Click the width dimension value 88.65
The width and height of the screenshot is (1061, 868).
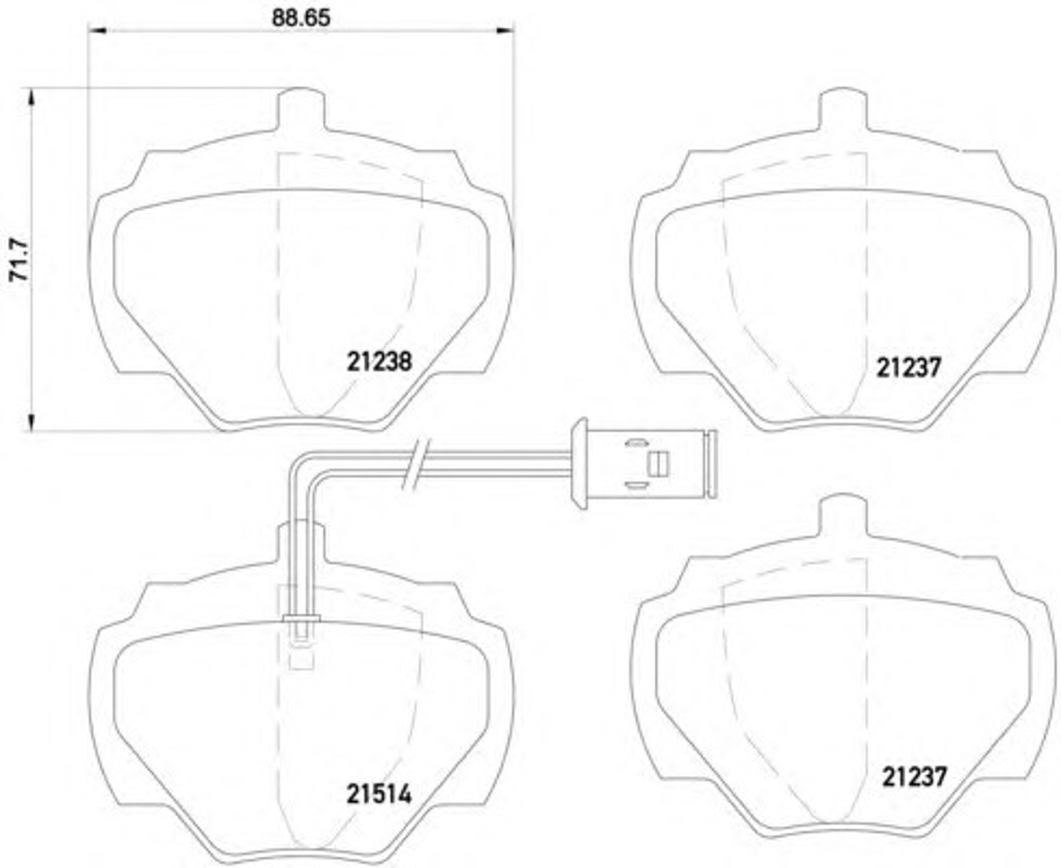click(x=301, y=17)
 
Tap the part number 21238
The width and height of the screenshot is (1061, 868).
click(x=380, y=361)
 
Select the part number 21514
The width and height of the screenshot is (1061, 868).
click(x=379, y=795)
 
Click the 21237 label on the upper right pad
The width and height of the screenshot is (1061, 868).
click(x=909, y=368)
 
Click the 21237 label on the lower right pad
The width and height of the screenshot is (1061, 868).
click(x=914, y=776)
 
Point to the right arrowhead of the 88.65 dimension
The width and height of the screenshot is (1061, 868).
click(x=504, y=30)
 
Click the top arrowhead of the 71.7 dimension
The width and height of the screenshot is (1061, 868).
click(x=31, y=98)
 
